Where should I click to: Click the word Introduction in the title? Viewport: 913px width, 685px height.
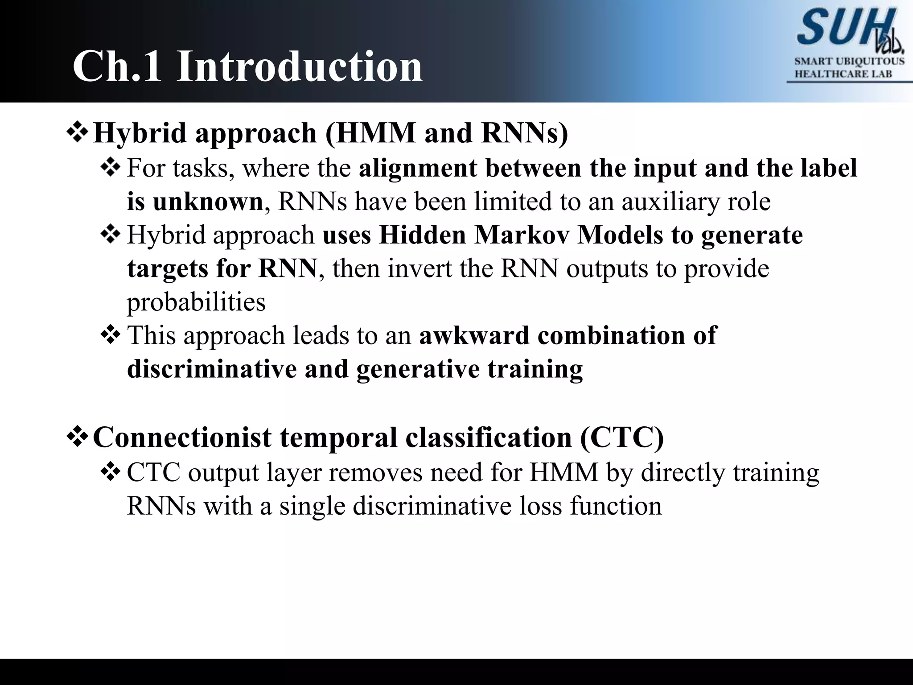point(299,67)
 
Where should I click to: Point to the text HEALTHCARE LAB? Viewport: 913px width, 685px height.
point(843,74)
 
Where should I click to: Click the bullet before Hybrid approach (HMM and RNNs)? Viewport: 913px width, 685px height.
point(78,133)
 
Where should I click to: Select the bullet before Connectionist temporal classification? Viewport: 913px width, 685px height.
point(78,437)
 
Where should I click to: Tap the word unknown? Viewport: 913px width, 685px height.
point(208,202)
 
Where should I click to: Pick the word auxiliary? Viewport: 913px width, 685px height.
point(670,202)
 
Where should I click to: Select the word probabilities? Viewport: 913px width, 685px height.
point(196,302)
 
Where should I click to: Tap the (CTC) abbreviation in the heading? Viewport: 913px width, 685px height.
point(622,437)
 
